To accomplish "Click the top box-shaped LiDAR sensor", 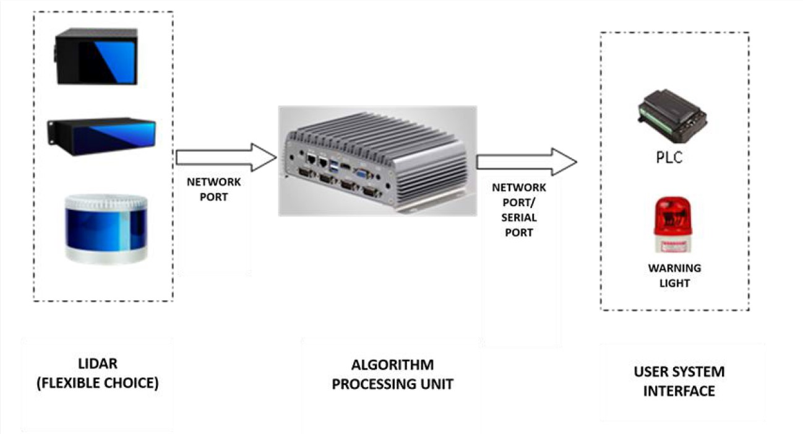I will pyautogui.click(x=97, y=56).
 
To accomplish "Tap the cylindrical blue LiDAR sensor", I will pyautogui.click(x=106, y=228).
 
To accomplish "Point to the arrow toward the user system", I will pyautogui.click(x=526, y=162).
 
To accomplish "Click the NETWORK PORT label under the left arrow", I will pyautogui.click(x=214, y=189).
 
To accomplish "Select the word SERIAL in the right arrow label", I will pyautogui.click(x=518, y=219).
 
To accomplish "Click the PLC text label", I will pyautogui.click(x=669, y=157).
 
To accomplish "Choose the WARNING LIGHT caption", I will pyautogui.click(x=674, y=276).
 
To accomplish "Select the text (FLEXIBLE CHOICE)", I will pyautogui.click(x=97, y=383).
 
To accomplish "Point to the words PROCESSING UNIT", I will pyautogui.click(x=392, y=384).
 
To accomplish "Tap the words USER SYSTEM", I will pyautogui.click(x=679, y=372).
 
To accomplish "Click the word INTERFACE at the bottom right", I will pyautogui.click(x=679, y=391).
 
